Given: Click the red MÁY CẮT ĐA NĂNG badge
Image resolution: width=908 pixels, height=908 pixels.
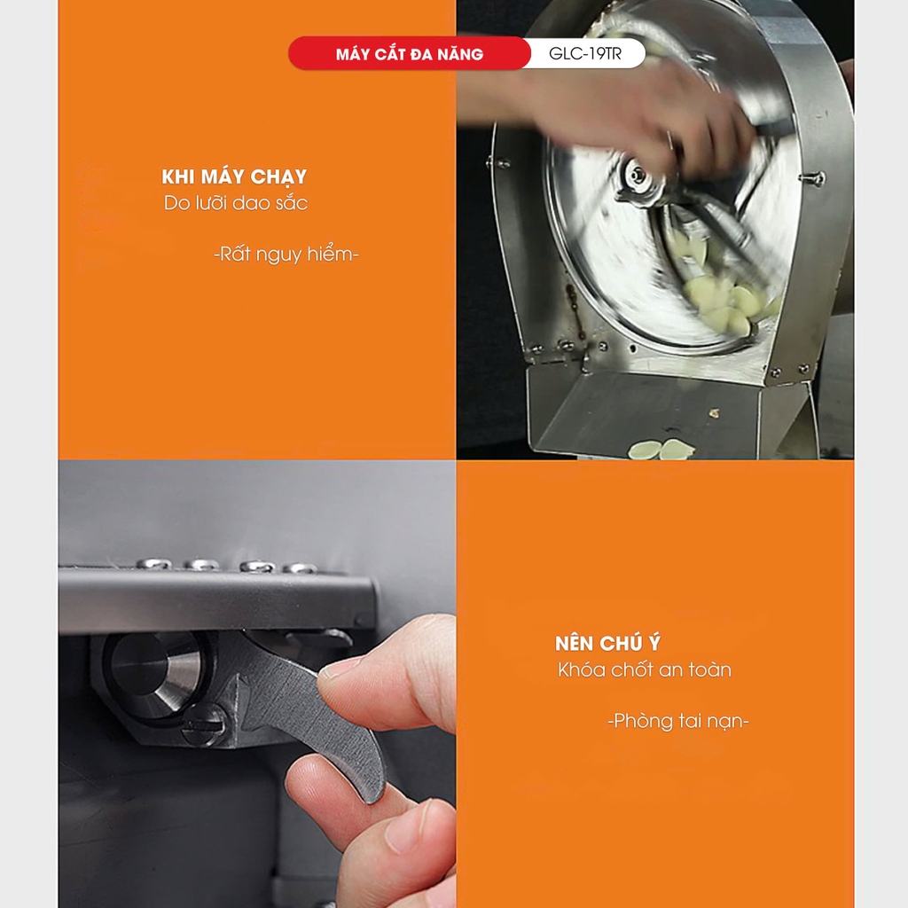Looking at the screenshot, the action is point(409,53).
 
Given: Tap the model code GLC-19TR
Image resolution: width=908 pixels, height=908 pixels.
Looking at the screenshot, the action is point(585,54).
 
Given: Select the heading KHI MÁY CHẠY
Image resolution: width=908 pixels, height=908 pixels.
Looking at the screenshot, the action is point(234,177).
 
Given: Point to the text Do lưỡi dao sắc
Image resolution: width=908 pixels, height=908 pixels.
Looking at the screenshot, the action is point(236,203).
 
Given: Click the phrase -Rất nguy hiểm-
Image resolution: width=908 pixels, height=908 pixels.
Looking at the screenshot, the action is point(286,254).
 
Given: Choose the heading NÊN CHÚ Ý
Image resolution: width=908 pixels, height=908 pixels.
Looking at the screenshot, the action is point(607,643).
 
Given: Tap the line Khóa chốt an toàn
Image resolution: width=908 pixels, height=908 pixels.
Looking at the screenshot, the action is point(645,670).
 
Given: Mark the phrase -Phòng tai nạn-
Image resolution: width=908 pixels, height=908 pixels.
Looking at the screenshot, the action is point(678,722).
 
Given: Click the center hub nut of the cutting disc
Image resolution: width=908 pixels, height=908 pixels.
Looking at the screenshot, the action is point(637,176).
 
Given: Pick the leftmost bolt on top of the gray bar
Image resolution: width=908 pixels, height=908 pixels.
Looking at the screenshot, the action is point(153,563).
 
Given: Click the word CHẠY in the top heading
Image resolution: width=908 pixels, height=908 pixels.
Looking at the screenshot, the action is point(278,177).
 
